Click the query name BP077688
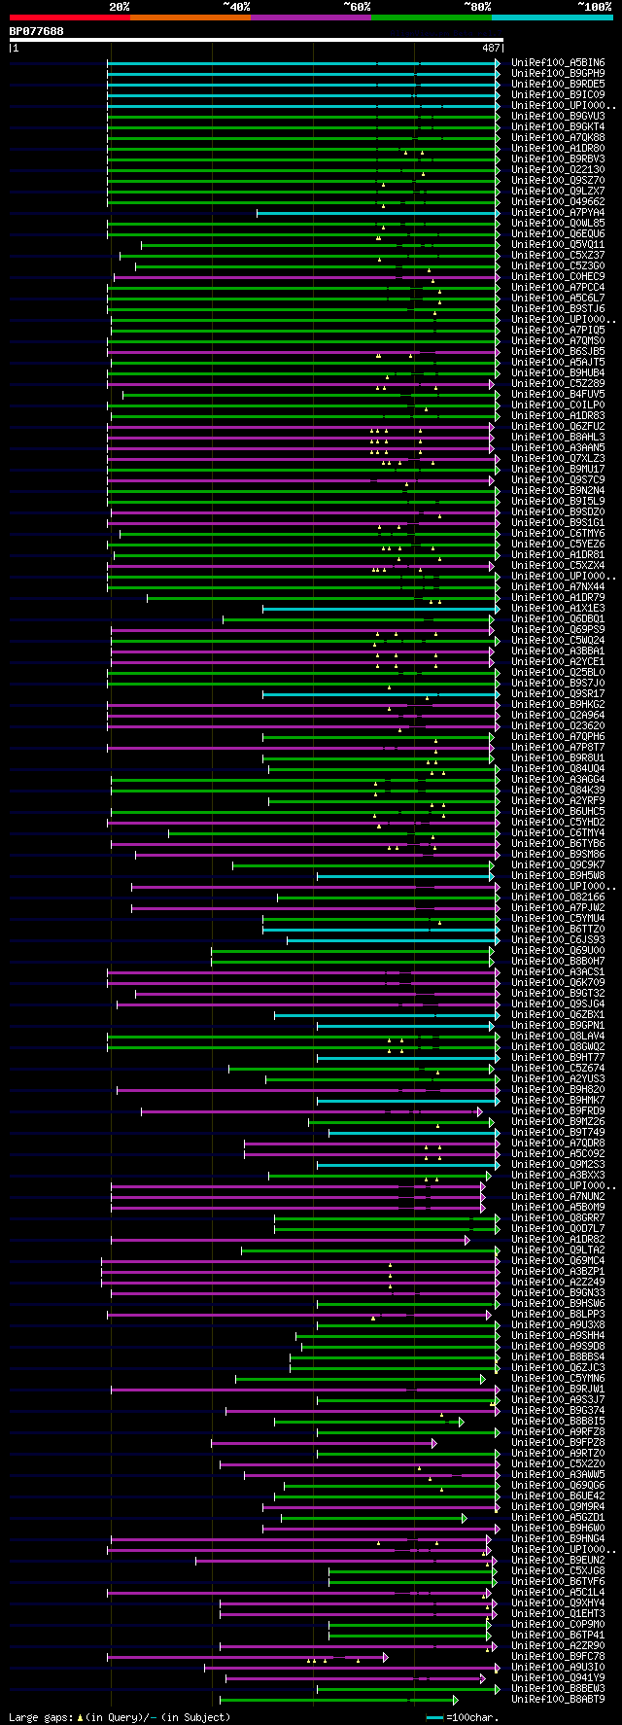point(37,31)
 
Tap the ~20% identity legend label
point(119,7)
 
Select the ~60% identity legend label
point(357,7)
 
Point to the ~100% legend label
point(594,7)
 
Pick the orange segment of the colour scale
point(190,18)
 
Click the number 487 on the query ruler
point(491,48)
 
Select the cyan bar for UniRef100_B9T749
point(413,1133)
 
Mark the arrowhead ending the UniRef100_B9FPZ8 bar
point(434,1443)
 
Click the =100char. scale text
point(475,1718)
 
